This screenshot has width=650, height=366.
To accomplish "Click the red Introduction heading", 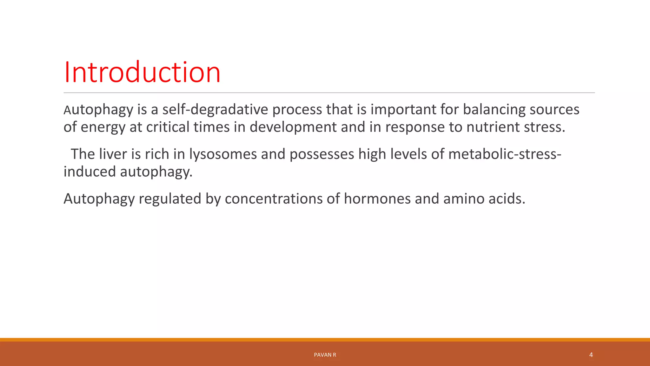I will pos(142,72).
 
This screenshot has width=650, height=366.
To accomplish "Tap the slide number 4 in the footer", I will pos(591,355).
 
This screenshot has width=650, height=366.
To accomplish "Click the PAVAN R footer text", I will pos(325,355).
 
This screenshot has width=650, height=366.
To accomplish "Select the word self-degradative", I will pos(215,110).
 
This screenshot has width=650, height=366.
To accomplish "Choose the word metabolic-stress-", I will pos(505,154).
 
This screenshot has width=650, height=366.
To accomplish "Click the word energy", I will pos(103,127).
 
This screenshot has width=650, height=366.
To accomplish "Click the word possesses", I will pos(322,154).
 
